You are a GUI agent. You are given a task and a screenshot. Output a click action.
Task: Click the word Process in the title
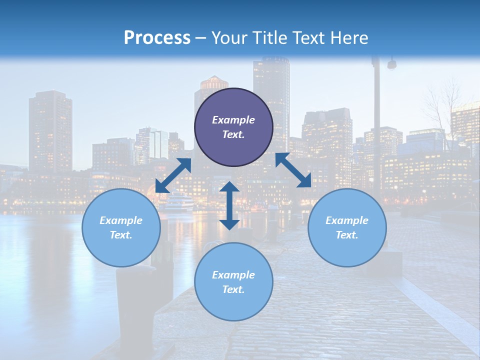(157, 38)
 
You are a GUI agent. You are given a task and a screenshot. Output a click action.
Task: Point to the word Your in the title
(229, 38)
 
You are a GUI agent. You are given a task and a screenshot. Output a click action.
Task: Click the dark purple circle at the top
(233, 127)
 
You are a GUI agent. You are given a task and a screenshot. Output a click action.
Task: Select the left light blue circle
(121, 227)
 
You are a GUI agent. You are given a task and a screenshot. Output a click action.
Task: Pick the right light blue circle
(347, 227)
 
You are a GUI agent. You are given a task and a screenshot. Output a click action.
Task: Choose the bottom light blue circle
(233, 282)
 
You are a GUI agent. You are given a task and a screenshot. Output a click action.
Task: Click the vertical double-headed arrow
(229, 205)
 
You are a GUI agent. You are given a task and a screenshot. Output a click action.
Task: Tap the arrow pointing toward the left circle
(173, 175)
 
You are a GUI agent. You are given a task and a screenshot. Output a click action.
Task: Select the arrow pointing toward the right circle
(293, 170)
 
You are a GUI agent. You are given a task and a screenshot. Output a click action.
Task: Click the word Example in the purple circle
(233, 120)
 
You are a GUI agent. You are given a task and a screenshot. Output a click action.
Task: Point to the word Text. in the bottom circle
(233, 289)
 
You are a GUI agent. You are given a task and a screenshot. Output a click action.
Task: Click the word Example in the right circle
(347, 220)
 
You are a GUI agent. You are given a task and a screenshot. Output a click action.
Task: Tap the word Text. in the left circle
(121, 235)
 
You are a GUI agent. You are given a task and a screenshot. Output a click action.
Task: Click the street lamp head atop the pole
(391, 64)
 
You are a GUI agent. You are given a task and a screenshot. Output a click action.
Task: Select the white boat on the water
(179, 202)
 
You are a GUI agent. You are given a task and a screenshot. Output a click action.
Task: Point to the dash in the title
(201, 38)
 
